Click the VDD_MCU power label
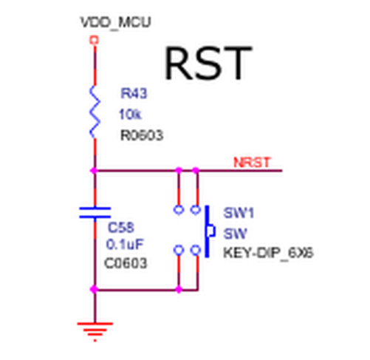point(116,22)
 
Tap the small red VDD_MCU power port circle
point(94,40)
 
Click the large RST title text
point(208,64)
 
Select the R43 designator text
point(134,93)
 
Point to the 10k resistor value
point(130,115)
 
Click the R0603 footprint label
point(142,135)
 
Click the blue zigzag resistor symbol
point(95,112)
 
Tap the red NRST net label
point(252,163)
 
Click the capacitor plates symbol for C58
point(95,213)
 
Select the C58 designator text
point(121,227)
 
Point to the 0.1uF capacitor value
point(125,245)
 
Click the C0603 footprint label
point(126,263)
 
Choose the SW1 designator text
point(239,213)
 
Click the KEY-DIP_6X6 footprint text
point(268,253)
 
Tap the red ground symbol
point(95,331)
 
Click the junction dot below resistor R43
point(94,170)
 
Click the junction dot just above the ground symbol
point(94,289)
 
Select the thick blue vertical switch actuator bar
point(208,231)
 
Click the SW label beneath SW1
point(235,234)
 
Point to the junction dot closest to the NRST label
point(196,170)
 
